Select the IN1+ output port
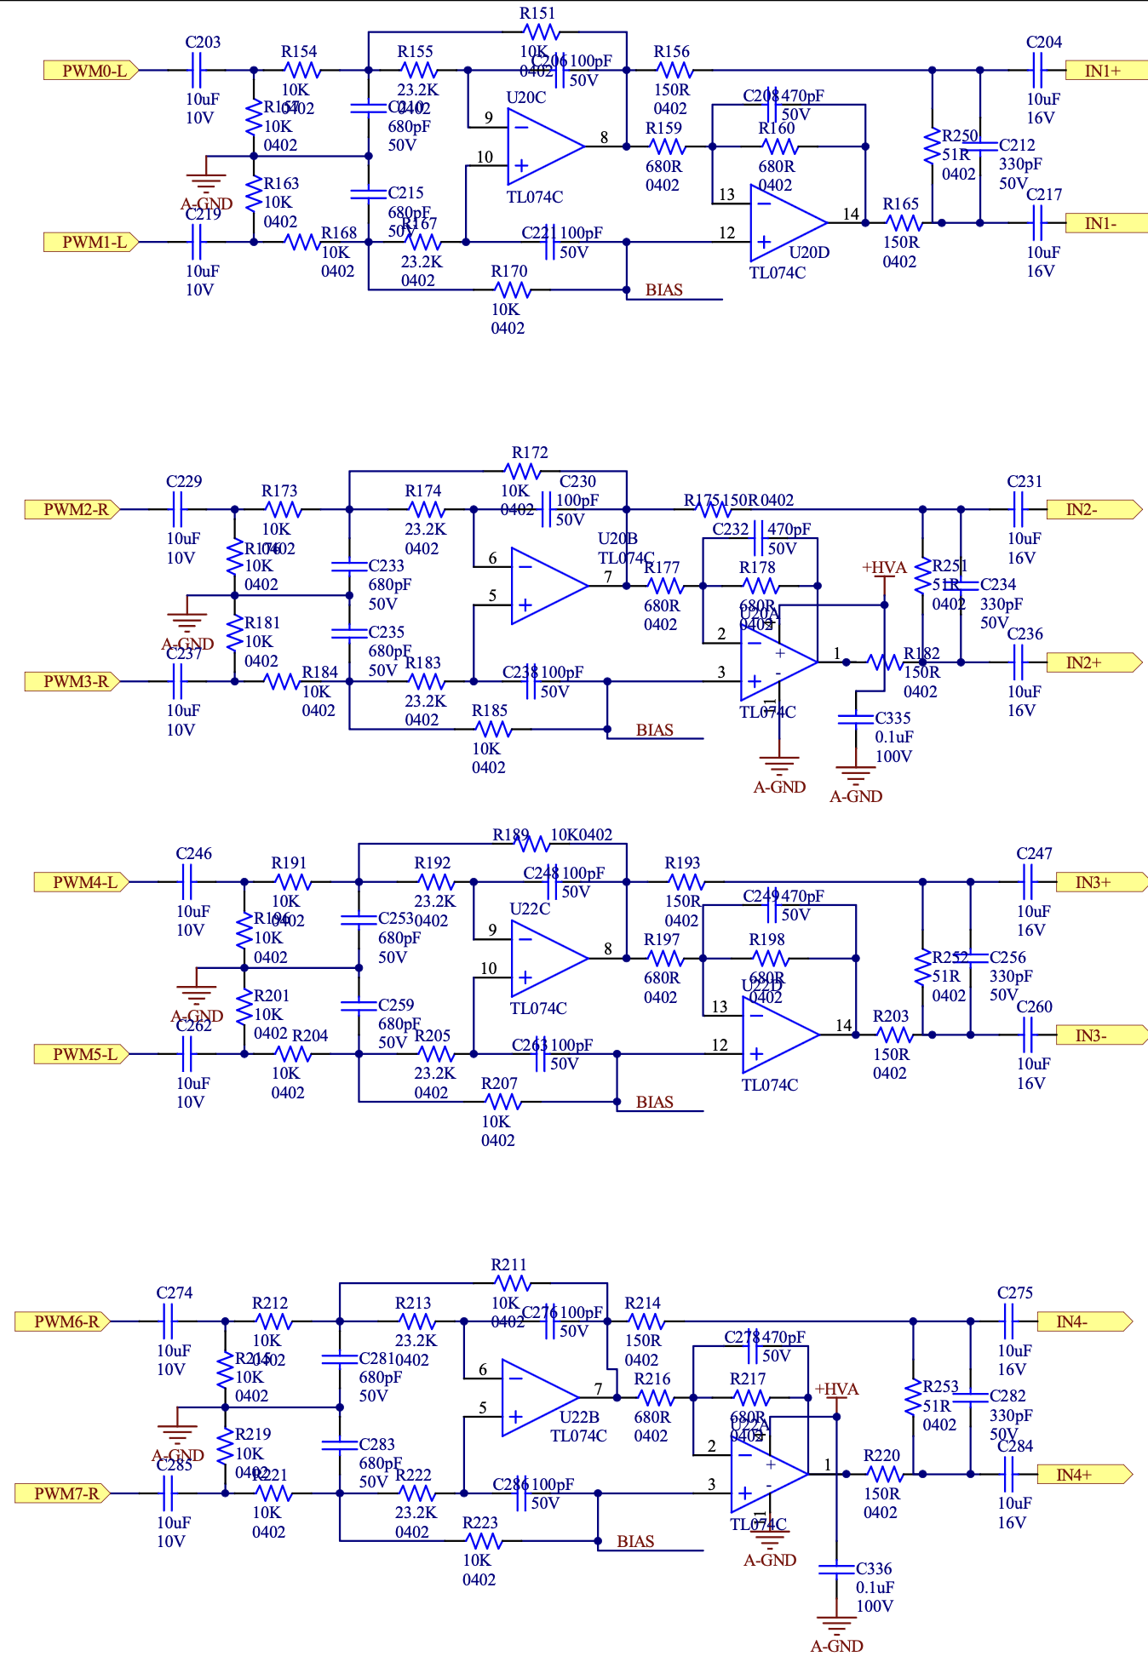[x=1105, y=71]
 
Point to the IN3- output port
[x=1093, y=1035]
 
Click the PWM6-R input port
[x=64, y=1321]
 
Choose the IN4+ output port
[x=1076, y=1475]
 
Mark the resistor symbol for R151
[x=540, y=32]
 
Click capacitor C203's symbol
[x=197, y=71]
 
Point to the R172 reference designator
[x=530, y=453]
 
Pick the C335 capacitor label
[x=893, y=719]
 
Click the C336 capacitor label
[x=874, y=1568]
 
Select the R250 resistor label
[x=960, y=136]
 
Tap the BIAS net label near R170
[x=663, y=290]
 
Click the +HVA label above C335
[x=884, y=568]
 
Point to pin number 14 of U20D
[x=851, y=214]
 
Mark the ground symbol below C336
[x=836, y=1626]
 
